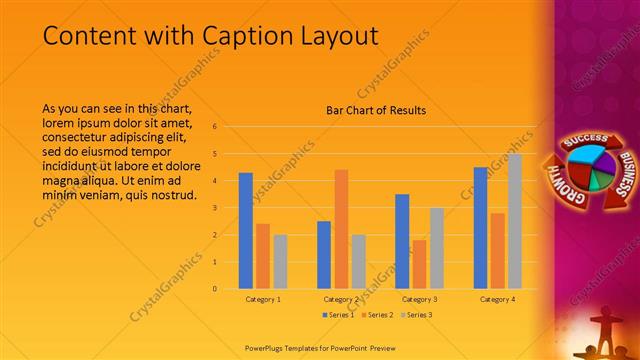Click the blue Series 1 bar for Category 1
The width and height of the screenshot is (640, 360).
tap(246, 230)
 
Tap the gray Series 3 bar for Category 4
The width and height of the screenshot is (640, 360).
tap(515, 221)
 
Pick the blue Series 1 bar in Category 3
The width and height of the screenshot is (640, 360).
tap(402, 241)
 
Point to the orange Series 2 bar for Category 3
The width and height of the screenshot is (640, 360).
tap(419, 264)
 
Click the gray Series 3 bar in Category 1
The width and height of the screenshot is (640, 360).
tap(280, 261)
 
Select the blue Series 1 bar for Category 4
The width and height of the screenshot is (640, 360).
tap(481, 227)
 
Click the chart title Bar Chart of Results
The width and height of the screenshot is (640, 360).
tap(377, 110)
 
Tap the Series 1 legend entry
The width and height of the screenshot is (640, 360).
tap(337, 315)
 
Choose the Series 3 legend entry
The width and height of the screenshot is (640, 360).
tap(418, 315)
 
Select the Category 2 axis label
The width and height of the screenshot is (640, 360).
tap(341, 299)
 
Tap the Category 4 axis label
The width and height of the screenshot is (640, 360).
tap(497, 299)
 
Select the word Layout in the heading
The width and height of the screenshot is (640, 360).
tap(340, 36)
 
